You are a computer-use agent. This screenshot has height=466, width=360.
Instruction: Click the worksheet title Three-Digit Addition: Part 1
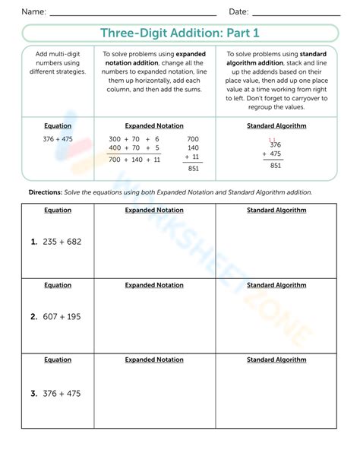click(x=180, y=33)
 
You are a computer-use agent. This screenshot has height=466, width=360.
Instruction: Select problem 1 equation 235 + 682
click(x=56, y=242)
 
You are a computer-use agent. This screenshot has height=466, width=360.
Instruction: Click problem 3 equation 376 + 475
click(x=56, y=394)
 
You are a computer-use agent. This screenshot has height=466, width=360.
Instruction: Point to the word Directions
click(x=45, y=193)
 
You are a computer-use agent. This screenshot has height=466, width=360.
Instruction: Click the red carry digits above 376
click(x=272, y=138)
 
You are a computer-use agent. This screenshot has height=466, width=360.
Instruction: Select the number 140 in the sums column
click(x=193, y=149)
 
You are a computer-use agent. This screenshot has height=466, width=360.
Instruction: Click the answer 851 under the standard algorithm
click(x=275, y=165)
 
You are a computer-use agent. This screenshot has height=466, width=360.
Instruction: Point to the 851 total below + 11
click(x=193, y=169)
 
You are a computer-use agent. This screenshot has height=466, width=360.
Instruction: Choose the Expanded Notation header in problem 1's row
click(x=154, y=211)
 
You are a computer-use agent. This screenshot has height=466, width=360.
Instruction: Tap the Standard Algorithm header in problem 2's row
click(x=276, y=285)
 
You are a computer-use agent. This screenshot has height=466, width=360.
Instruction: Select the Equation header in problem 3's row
click(x=58, y=360)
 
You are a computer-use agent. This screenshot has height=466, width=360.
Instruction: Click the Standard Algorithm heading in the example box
click(x=276, y=126)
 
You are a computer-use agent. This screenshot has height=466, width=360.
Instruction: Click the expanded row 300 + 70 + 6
click(x=134, y=140)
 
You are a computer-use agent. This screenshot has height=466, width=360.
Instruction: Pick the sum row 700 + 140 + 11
click(x=134, y=160)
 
